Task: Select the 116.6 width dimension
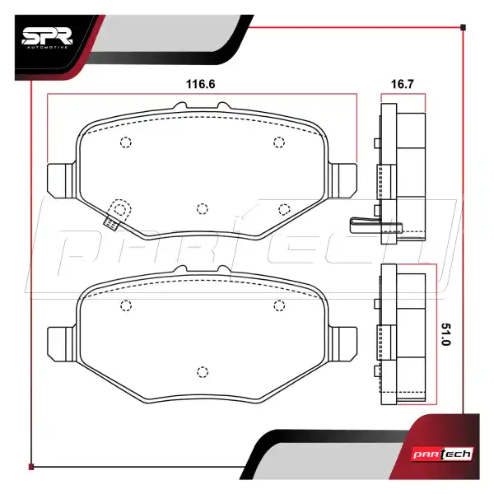[x=202, y=84]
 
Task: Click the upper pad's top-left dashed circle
[x=126, y=143]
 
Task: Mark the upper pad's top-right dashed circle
[x=278, y=143]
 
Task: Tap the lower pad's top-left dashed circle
[x=126, y=305]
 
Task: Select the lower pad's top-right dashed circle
[x=278, y=305]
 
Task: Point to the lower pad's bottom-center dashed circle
[x=203, y=370]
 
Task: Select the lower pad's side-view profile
[x=401, y=336]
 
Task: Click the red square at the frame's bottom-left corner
[x=31, y=467]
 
